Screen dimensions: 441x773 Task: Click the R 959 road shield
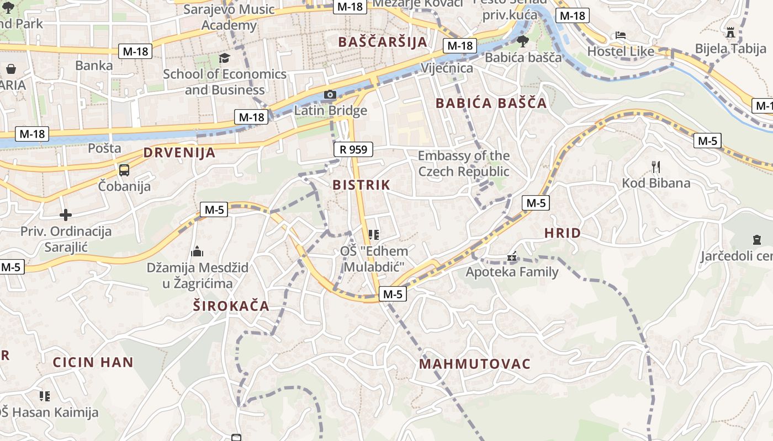coord(353,149)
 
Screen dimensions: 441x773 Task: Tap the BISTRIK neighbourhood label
coord(361,185)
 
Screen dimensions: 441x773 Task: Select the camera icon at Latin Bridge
coord(330,95)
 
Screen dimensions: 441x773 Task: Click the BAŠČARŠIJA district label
coord(383,42)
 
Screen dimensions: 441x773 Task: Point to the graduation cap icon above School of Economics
coord(224,58)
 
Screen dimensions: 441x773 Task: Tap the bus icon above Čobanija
coord(124,170)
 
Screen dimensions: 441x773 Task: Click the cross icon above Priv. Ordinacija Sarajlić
coord(66,215)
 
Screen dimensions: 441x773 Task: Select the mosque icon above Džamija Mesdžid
coord(197,252)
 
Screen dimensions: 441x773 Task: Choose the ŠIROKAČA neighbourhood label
coord(231,306)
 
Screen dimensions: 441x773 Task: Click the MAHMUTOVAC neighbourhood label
coord(474,364)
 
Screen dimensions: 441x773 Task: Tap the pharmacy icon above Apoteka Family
coord(512,256)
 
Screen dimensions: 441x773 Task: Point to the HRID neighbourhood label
coord(562,233)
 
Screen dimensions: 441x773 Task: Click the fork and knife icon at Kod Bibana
coord(656,166)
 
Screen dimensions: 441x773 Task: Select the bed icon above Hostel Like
coord(621,35)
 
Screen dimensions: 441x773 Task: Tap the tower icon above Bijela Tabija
coord(730,33)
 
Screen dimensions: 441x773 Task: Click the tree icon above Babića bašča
coord(522,41)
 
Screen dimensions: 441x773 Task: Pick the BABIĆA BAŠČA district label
coord(491,103)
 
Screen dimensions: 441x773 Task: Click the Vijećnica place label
coord(447,68)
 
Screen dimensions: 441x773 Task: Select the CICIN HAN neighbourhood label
coord(93,362)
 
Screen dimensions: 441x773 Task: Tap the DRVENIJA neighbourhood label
coord(179,153)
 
